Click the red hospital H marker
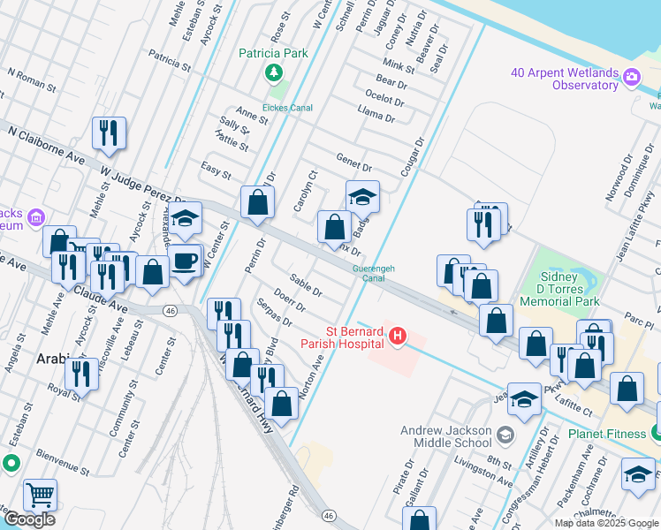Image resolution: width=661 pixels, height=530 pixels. [398, 337]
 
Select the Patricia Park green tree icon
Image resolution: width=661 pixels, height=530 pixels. [275, 72]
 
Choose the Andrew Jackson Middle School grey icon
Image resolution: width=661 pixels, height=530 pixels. [505, 435]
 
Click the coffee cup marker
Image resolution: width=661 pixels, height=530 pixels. [185, 261]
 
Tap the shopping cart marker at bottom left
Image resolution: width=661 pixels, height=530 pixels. [41, 495]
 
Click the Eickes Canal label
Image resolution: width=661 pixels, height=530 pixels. [288, 108]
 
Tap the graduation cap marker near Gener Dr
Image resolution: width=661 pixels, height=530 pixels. [362, 196]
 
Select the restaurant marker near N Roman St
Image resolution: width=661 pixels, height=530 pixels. [110, 132]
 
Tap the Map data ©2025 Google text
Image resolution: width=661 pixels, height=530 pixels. [605, 523]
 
